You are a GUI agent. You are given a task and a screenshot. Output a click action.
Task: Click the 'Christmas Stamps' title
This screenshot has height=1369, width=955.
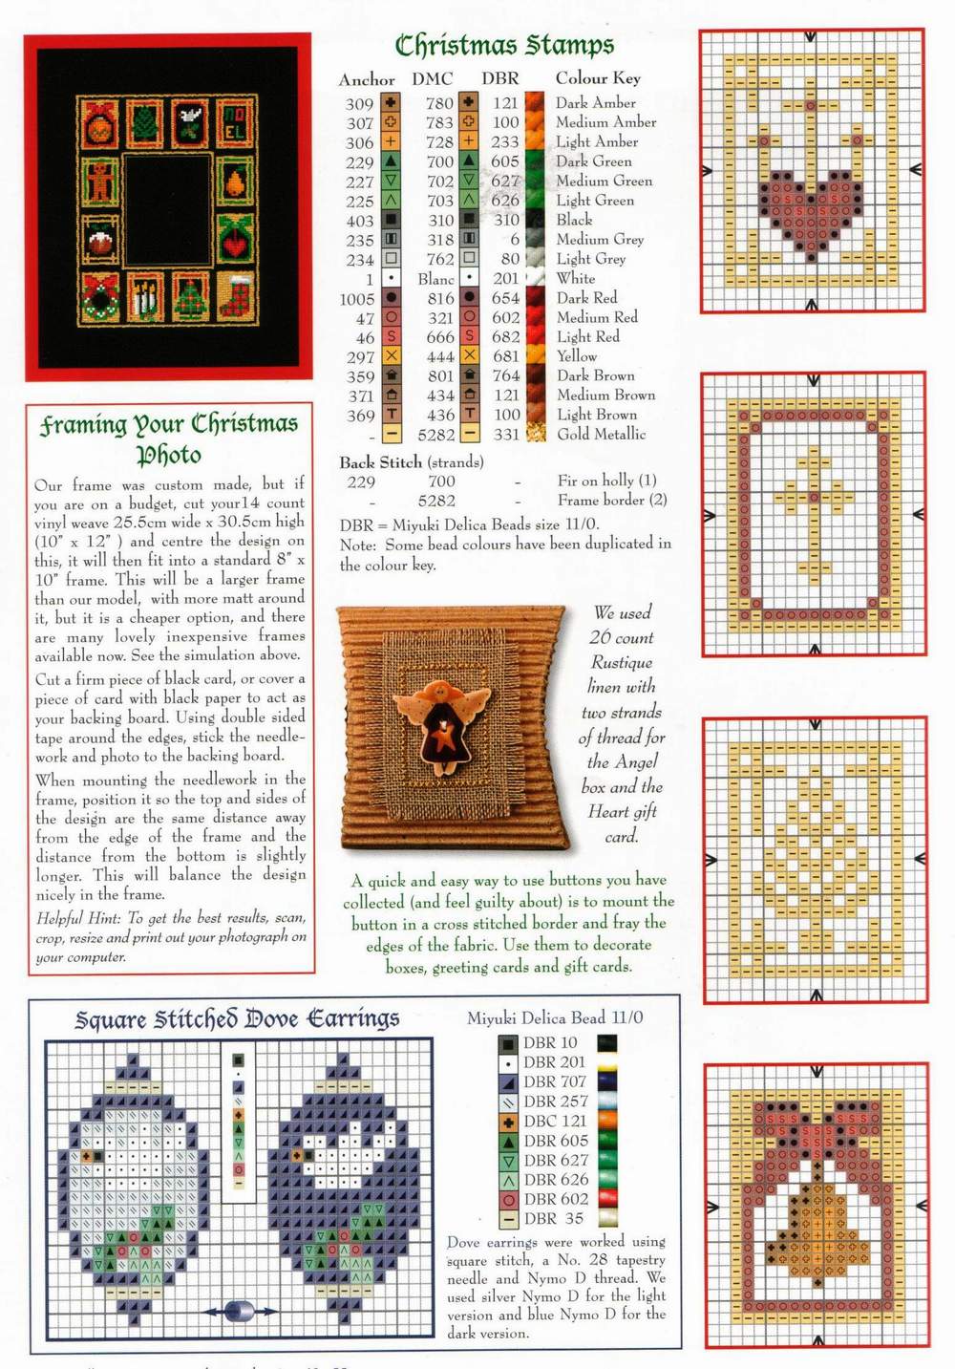tap(504, 45)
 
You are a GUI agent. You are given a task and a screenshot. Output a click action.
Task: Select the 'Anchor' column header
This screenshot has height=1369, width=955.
tap(366, 79)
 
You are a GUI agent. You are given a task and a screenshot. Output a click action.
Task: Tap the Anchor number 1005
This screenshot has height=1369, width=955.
tap(357, 299)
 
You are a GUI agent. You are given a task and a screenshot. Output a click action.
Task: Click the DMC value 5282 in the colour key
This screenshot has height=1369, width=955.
tap(436, 435)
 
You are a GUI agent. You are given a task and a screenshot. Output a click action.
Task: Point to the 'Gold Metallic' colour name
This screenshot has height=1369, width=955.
tap(602, 435)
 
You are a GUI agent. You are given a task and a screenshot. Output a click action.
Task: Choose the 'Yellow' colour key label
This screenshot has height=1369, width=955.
tap(577, 356)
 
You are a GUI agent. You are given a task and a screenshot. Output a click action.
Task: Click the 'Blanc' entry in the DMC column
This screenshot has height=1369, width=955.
tap(435, 279)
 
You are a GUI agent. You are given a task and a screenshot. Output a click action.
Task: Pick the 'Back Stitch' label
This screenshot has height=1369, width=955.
tap(380, 462)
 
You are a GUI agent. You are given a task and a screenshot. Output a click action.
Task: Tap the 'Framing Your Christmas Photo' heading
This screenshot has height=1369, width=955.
tap(169, 438)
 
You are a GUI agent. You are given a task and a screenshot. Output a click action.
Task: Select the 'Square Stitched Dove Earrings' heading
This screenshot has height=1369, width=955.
tap(237, 1019)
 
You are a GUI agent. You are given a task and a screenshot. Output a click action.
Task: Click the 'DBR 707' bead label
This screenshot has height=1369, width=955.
tap(554, 1081)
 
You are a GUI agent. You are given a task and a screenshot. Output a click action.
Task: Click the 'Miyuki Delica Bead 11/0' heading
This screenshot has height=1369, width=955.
tap(555, 1018)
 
